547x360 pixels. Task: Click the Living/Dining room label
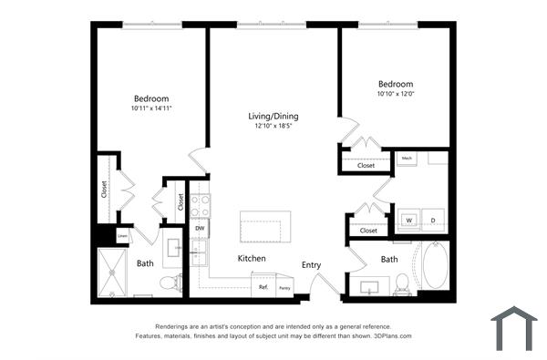click(x=273, y=117)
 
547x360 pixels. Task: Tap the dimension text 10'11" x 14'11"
click(x=151, y=108)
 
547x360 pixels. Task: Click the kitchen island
click(x=265, y=226)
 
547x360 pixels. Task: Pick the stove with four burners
click(x=200, y=205)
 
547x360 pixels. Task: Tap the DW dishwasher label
click(x=199, y=228)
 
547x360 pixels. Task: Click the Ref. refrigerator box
click(x=263, y=287)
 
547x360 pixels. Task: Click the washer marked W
click(x=408, y=221)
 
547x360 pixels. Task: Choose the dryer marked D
click(x=432, y=221)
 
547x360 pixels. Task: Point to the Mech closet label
click(x=408, y=159)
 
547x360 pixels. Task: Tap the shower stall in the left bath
click(x=116, y=272)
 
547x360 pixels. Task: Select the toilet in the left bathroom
click(x=167, y=283)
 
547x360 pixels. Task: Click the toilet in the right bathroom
click(x=401, y=291)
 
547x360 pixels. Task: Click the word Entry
click(x=312, y=265)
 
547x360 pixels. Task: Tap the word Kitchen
click(x=252, y=259)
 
